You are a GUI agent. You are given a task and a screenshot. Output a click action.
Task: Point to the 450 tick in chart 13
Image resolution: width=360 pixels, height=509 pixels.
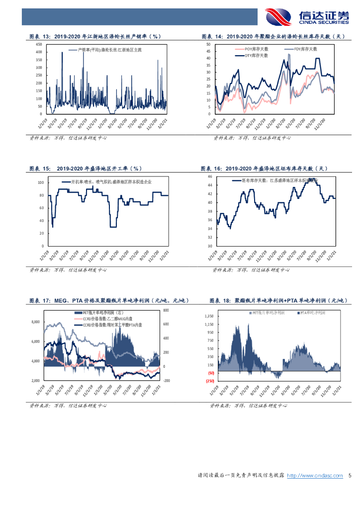tap(39, 45)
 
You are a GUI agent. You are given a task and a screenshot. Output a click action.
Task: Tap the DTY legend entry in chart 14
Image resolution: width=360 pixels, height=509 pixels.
tap(256, 55)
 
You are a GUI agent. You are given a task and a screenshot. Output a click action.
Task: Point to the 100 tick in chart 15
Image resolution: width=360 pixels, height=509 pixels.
tap(41, 182)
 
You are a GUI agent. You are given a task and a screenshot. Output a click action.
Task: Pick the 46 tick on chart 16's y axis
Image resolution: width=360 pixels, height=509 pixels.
tap(209, 176)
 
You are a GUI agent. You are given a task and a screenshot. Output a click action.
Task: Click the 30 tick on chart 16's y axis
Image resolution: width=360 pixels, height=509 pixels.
tap(209, 246)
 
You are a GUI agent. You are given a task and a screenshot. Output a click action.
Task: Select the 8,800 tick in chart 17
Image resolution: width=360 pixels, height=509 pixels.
tap(35, 322)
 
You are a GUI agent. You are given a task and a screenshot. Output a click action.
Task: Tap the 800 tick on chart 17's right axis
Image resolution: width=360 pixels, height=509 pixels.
tap(166, 310)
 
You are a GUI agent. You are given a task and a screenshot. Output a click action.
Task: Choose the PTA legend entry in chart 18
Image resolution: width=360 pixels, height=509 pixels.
tap(313, 313)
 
